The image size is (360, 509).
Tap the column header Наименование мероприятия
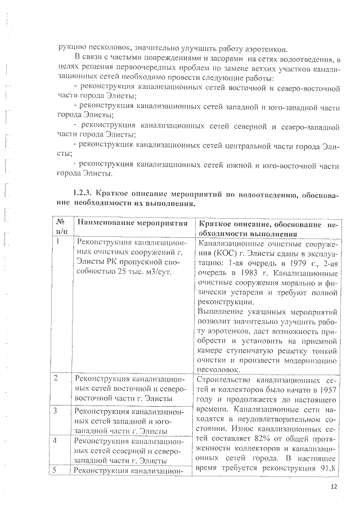132,223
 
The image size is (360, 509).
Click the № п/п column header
61,228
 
